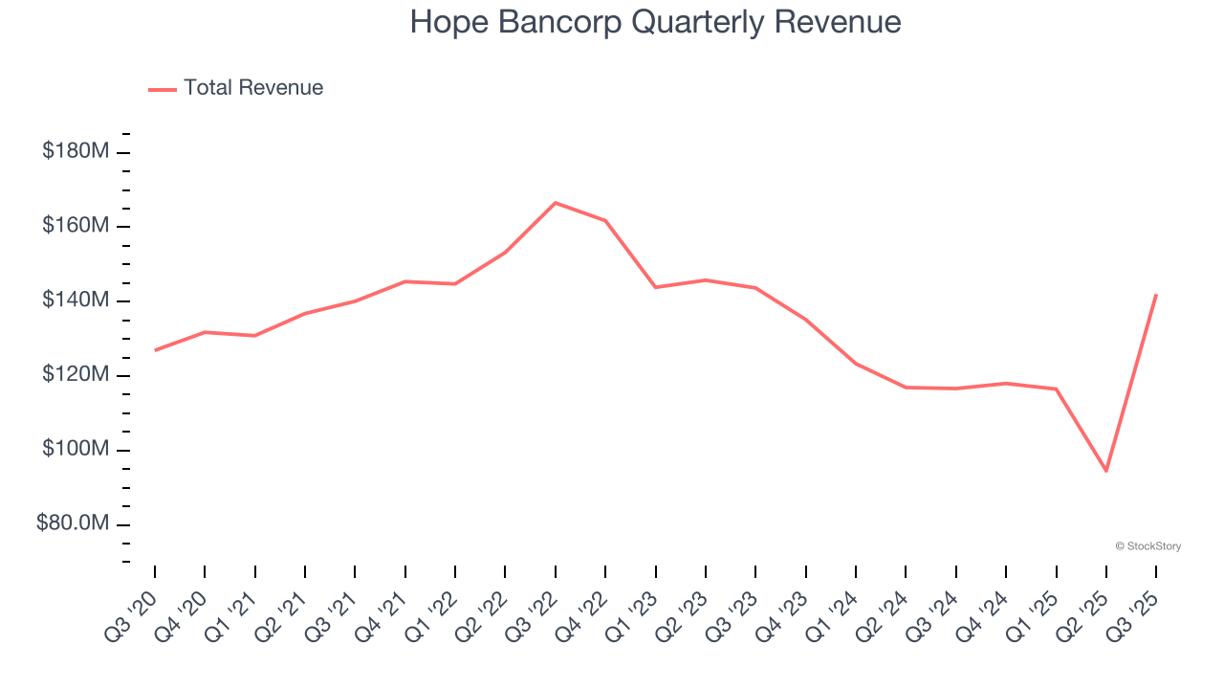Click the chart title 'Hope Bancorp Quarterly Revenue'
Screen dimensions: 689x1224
(x=655, y=22)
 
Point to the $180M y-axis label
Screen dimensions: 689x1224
(x=76, y=151)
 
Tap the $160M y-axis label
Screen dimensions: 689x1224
(x=76, y=226)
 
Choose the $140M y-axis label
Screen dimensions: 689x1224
(x=76, y=300)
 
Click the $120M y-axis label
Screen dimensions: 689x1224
(x=76, y=374)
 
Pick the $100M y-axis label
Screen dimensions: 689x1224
(x=76, y=449)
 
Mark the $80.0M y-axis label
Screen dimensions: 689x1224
(x=73, y=523)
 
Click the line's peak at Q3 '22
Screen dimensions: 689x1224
(x=556, y=203)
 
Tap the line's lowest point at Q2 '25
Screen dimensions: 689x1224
(x=1106, y=471)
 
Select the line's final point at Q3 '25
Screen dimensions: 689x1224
(x=1156, y=295)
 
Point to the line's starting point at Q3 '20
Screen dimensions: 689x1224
(x=155, y=350)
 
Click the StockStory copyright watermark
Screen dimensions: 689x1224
(x=1147, y=546)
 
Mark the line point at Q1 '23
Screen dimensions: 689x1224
(x=656, y=287)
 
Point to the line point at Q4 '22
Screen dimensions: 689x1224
(x=605, y=221)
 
